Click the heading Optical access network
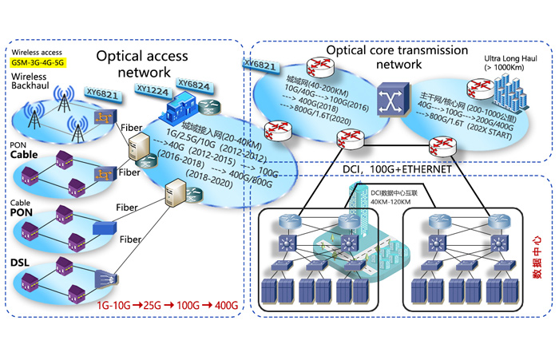pos(142,65)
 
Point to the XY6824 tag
pos(196,83)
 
